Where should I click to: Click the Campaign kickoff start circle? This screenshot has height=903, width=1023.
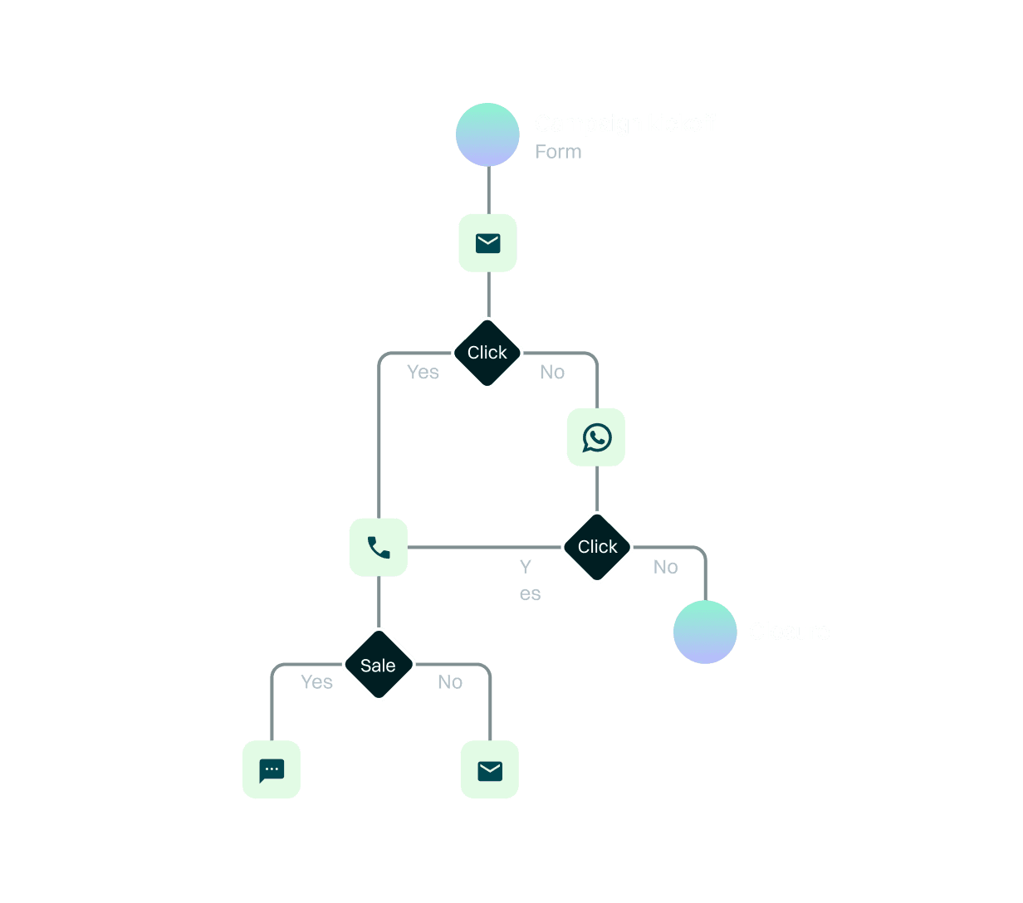[487, 134]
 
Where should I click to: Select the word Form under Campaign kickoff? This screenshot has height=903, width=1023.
[558, 152]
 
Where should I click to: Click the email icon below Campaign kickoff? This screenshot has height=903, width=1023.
[487, 242]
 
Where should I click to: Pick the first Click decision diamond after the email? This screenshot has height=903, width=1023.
[487, 353]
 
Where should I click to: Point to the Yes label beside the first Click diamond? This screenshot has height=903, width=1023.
[423, 373]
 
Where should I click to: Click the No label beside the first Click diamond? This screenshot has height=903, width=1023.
[552, 373]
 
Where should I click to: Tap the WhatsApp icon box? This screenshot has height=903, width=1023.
[596, 437]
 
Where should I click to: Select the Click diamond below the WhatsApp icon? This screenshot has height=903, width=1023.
[597, 547]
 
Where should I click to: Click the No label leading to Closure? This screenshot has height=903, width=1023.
[665, 567]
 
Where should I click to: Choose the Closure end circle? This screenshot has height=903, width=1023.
[705, 632]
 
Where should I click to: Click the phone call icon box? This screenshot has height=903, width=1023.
[379, 547]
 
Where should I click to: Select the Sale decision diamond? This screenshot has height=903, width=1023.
[379, 665]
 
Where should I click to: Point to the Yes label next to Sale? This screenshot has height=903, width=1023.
[316, 682]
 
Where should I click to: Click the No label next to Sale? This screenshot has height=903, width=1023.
[450, 682]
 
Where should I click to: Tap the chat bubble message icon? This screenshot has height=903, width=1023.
[272, 769]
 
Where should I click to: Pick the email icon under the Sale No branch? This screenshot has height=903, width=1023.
[490, 770]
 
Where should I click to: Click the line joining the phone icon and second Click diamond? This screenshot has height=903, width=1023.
[482, 547]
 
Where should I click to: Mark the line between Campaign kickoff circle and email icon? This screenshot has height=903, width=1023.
[487, 190]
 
